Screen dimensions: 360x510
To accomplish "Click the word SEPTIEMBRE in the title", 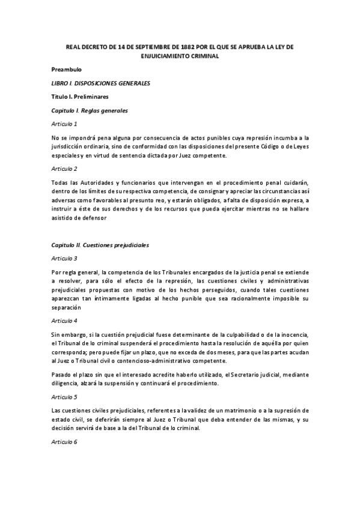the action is click(x=163, y=46).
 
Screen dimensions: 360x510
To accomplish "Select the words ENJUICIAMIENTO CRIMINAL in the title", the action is click(x=180, y=56).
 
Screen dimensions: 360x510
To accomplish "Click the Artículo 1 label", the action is click(x=64, y=124).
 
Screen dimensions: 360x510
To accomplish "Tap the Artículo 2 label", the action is click(x=64, y=170).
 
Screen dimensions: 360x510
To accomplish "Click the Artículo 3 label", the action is click(x=64, y=259).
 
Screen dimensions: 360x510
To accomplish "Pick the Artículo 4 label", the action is click(x=64, y=321).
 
